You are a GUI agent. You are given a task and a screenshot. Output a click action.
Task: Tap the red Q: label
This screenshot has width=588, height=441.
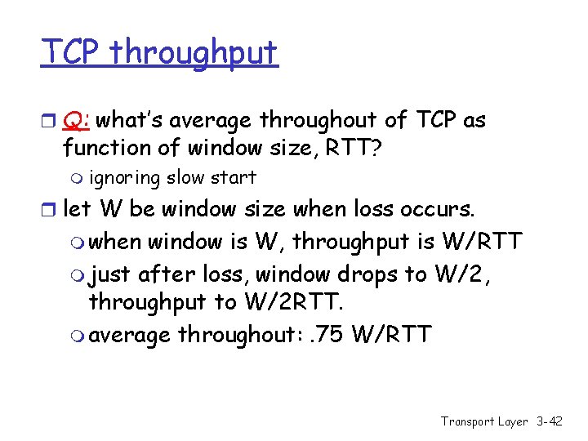pyautogui.click(x=78, y=121)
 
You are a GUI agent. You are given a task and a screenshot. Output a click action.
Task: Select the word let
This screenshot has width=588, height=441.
pyautogui.click(x=78, y=209)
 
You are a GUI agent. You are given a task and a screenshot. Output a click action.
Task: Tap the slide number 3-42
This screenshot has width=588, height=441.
pyautogui.click(x=549, y=421)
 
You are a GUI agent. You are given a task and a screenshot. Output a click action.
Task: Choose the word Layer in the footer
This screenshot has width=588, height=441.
pyautogui.click(x=512, y=421)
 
